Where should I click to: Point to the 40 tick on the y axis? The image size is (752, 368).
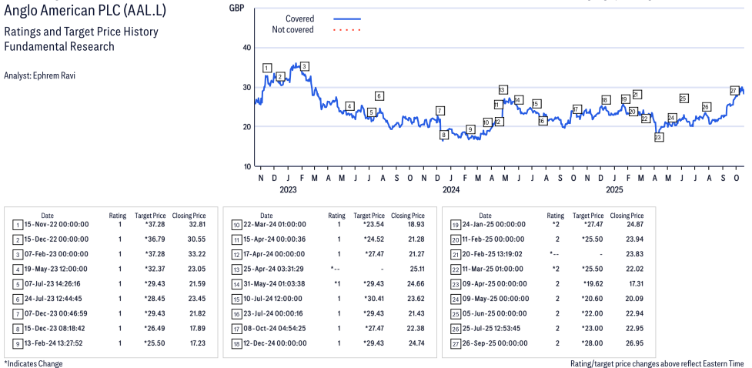pyautogui.click(x=247, y=47)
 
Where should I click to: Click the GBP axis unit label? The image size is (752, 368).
pyautogui.click(x=237, y=8)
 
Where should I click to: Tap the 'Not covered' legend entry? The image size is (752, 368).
pyautogui.click(x=292, y=30)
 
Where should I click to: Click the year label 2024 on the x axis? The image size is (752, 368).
pyautogui.click(x=450, y=189)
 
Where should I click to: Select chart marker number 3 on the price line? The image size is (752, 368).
pyautogui.click(x=305, y=66)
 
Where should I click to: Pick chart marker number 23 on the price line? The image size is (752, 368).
pyautogui.click(x=658, y=137)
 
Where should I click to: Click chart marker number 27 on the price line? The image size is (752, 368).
pyautogui.click(x=734, y=91)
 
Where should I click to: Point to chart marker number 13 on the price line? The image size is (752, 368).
pyautogui.click(x=503, y=90)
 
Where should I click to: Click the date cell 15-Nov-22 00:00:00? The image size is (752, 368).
pyautogui.click(x=57, y=225)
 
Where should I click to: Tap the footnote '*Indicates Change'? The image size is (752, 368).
pyautogui.click(x=33, y=363)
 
